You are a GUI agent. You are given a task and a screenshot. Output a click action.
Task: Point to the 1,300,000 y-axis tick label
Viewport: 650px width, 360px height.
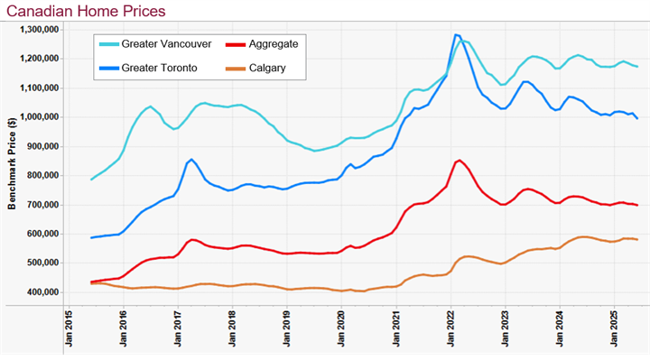coord(38,30)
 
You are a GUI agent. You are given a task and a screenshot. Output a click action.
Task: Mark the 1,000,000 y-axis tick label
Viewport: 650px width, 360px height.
coord(38,117)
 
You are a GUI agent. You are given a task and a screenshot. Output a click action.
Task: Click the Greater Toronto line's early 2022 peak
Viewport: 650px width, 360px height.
coord(456,35)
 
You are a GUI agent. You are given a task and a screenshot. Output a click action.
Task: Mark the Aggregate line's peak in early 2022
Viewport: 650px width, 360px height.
coord(460,161)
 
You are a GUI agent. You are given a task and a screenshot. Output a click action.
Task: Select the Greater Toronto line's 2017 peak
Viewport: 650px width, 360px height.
coord(191,160)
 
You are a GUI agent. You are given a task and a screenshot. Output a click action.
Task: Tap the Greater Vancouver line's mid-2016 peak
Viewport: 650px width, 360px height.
coord(151,106)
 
